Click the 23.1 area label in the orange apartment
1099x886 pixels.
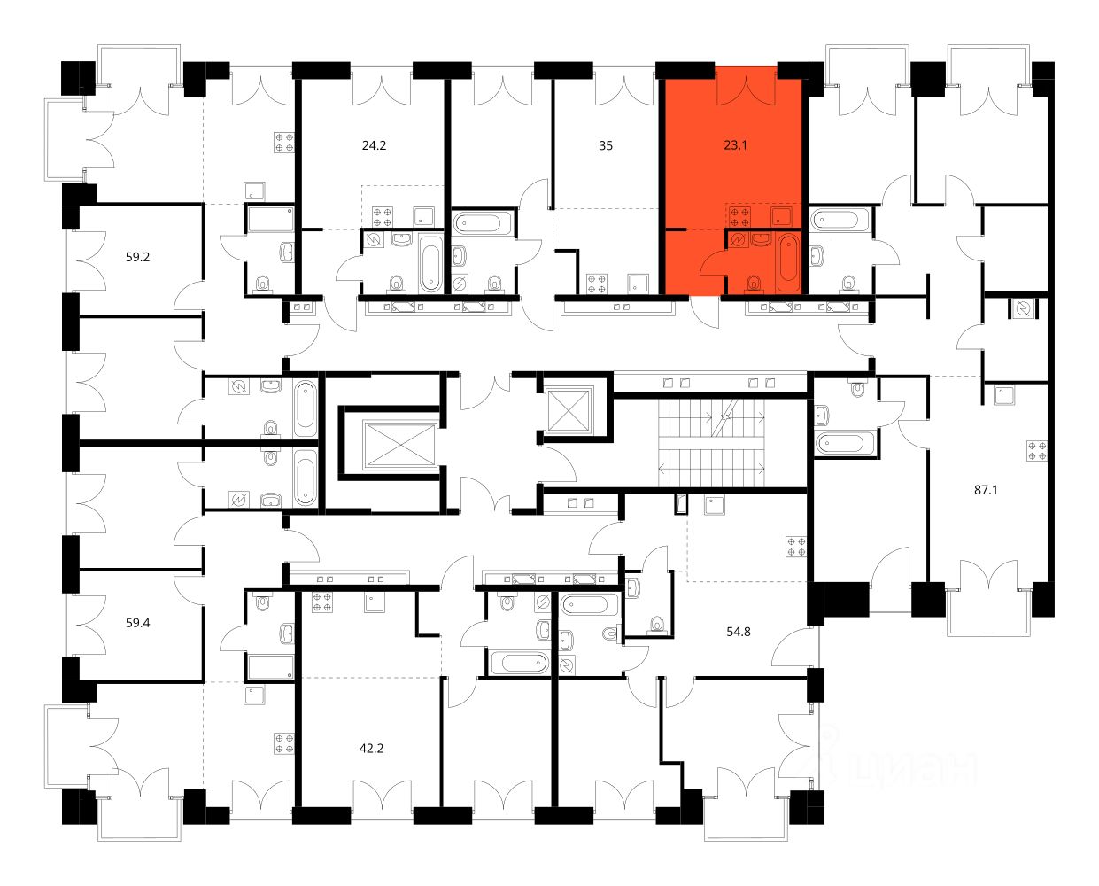[735, 145]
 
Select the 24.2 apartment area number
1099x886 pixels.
[374, 145]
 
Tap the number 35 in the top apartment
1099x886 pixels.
[606, 145]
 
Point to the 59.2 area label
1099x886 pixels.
[137, 257]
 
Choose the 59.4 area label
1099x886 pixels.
[137, 623]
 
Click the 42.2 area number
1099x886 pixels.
[371, 749]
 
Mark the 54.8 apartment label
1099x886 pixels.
[739, 632]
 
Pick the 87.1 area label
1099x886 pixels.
[986, 490]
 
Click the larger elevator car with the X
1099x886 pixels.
[401, 446]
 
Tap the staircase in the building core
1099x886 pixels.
[711, 443]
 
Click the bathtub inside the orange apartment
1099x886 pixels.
[788, 263]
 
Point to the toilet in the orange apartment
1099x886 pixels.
[754, 283]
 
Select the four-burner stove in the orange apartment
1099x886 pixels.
[739, 217]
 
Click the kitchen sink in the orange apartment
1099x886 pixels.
[781, 217]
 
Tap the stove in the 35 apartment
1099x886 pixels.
[596, 284]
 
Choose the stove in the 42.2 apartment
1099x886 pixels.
[322, 602]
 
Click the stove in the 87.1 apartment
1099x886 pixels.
[1037, 451]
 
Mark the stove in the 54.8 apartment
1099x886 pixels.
[796, 547]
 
